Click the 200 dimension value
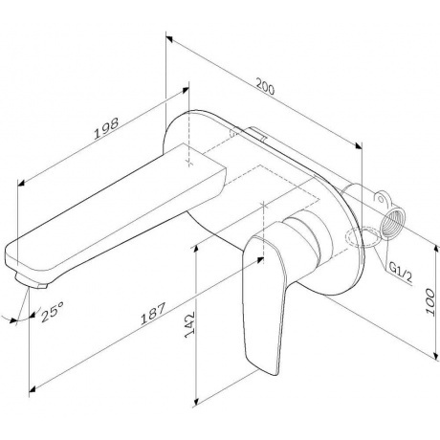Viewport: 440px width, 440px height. click(265, 87)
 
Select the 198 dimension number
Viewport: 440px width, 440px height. click(106, 128)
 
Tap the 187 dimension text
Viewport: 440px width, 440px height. click(153, 314)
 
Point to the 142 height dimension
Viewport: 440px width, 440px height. click(189, 324)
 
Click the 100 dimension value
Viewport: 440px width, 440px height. click(430, 302)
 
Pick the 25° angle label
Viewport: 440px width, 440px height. click(52, 312)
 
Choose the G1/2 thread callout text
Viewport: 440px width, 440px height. click(400, 273)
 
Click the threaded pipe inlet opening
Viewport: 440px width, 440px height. click(392, 224)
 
